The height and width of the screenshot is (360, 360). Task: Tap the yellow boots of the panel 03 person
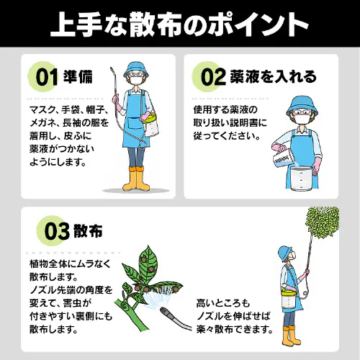coord(289,336)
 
